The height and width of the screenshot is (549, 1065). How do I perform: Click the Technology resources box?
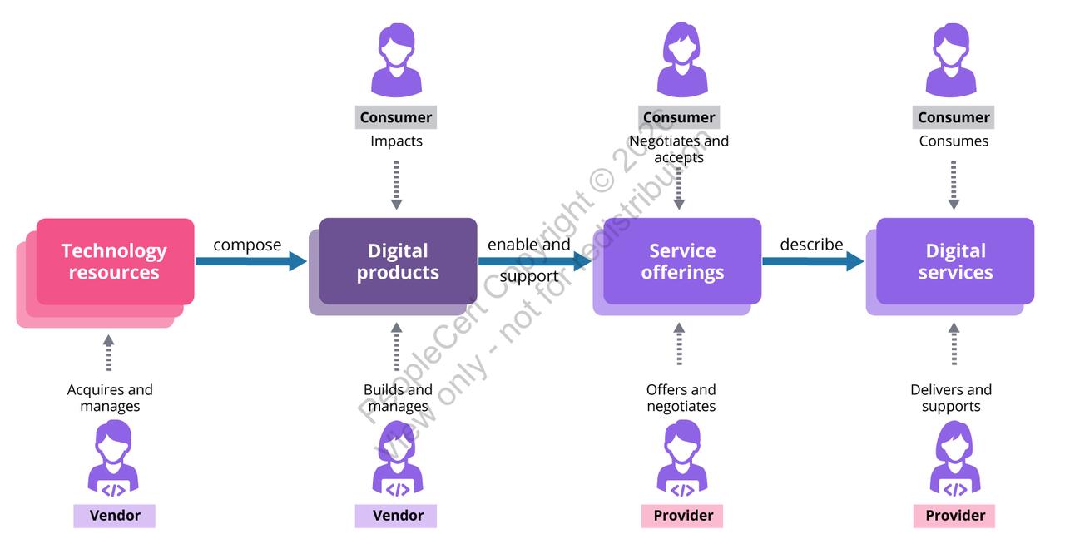click(113, 262)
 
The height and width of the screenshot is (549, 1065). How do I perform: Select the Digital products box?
click(398, 262)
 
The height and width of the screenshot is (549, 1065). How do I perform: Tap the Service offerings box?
click(681, 262)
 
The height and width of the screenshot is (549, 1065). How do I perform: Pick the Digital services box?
click(954, 262)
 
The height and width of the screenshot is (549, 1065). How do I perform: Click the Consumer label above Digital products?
click(396, 117)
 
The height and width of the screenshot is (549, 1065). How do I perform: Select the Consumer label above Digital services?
click(954, 117)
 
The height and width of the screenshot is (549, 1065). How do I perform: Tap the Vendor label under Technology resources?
click(115, 516)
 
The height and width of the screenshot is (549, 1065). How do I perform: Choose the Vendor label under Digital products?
click(397, 516)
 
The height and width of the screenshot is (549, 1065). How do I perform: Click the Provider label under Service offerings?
click(682, 516)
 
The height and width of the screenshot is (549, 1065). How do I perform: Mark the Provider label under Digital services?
click(954, 516)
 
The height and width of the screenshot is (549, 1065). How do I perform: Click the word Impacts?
click(396, 141)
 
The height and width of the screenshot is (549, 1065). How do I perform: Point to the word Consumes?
click(954, 141)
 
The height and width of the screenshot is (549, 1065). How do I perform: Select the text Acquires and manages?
click(110, 398)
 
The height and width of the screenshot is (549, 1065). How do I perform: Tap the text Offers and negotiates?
click(681, 398)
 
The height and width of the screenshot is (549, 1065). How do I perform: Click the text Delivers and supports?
click(951, 398)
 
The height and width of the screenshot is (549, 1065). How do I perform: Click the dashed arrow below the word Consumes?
click(954, 185)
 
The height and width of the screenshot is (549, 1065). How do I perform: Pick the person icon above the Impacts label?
click(396, 59)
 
